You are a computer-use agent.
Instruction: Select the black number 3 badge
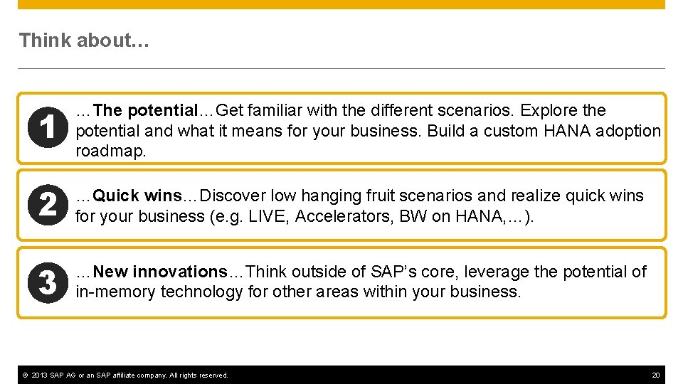coord(47,282)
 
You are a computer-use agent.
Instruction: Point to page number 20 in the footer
coord(655,375)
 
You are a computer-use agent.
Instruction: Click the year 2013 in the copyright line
coord(39,375)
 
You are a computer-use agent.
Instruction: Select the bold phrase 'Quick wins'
coord(137,196)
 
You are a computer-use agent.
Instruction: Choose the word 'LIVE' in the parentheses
coord(268,215)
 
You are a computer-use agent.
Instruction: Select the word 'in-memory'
coord(115,292)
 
